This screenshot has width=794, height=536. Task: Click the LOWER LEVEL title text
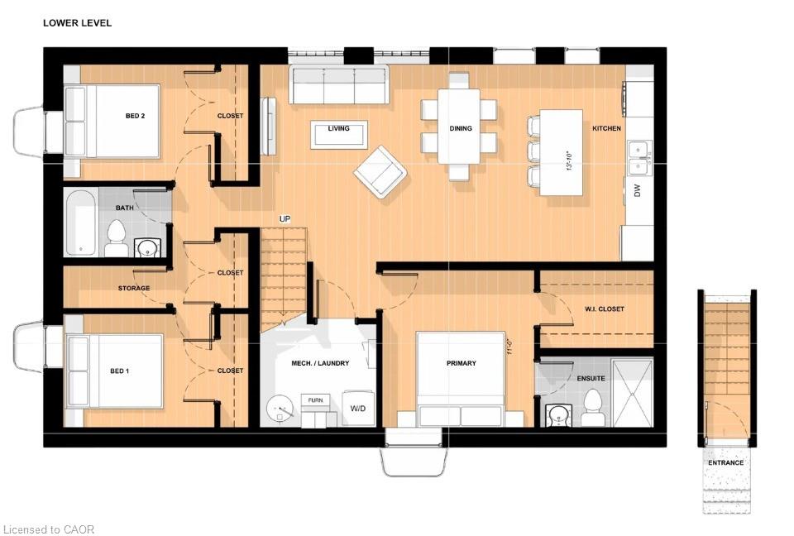[77, 23]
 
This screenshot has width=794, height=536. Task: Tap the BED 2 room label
[135, 116]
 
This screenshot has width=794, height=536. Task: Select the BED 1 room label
[119, 371]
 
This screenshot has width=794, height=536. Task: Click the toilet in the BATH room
[116, 238]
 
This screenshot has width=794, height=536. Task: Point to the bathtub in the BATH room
[80, 223]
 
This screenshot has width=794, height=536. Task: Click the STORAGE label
[134, 288]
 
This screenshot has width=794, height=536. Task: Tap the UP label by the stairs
[285, 219]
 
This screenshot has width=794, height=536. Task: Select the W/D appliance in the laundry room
[358, 409]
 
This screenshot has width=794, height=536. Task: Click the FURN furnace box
[315, 400]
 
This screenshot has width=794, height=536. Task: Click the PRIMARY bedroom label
[462, 363]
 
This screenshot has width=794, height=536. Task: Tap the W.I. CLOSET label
[605, 309]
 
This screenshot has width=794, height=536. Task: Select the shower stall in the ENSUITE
[632, 393]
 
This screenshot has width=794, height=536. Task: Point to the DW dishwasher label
[637, 190]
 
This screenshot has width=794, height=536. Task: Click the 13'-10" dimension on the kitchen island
[569, 161]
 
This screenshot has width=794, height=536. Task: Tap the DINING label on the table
[461, 129]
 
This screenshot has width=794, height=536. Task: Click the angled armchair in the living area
[380, 172]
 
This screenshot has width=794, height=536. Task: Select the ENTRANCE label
[725, 463]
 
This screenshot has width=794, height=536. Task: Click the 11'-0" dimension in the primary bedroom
[510, 347]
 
